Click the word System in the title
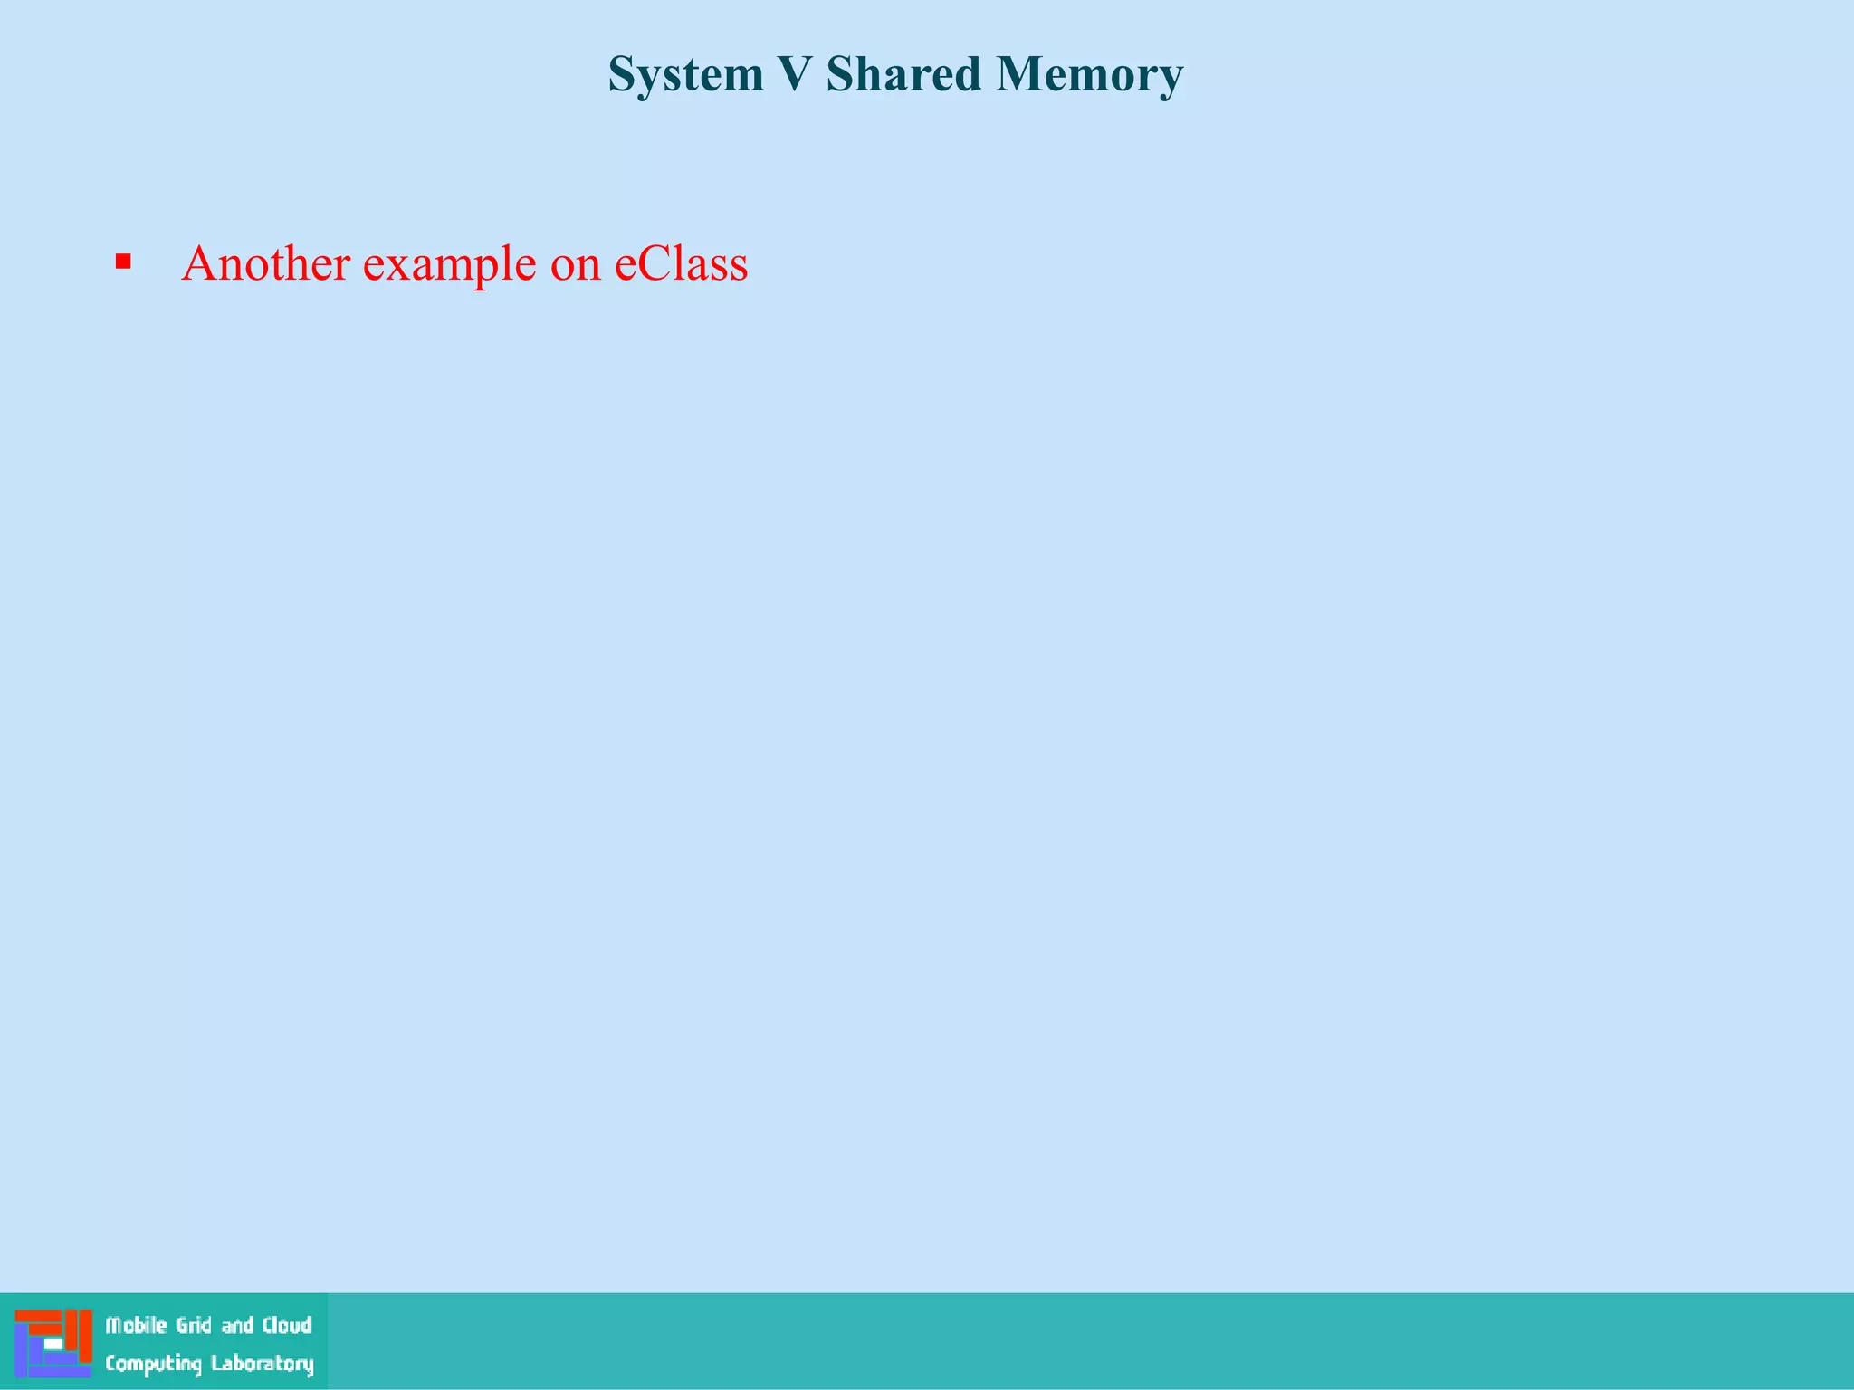tap(686, 75)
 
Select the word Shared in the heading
tap(903, 74)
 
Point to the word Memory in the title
tap(1089, 75)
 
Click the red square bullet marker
tap(124, 263)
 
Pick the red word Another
tap(265, 263)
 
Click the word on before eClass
tap(575, 265)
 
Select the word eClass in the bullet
tap(681, 263)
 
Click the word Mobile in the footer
tap(136, 1326)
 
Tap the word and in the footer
tap(237, 1326)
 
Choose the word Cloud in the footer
tap(287, 1326)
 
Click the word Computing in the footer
tap(153, 1364)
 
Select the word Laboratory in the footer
tap(262, 1364)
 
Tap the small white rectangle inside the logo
tap(53, 1345)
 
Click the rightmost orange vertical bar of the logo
tap(86, 1336)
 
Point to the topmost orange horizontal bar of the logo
tap(38, 1316)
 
